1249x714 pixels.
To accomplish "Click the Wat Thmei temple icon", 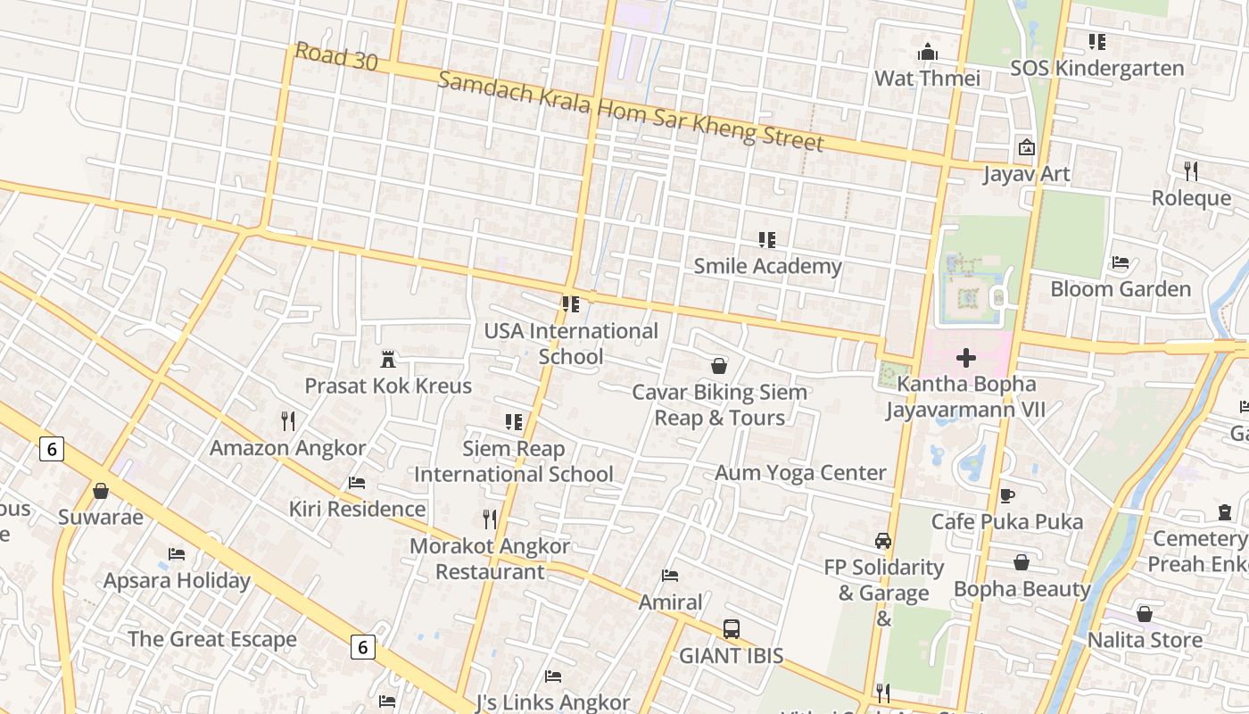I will tap(928, 52).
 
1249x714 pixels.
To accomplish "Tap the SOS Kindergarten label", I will tap(1096, 69).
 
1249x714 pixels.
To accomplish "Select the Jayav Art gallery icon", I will tap(1027, 147).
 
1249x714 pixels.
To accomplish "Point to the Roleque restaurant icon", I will tap(1191, 170).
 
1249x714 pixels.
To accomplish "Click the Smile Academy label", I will tap(767, 266).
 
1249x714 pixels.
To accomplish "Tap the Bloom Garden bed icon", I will tap(1121, 262).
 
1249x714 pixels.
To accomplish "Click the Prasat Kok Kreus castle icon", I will tap(388, 360).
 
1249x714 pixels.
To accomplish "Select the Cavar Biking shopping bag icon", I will tap(719, 366).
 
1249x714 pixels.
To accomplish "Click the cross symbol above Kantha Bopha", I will tap(965, 359).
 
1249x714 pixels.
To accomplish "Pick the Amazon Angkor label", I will tap(287, 448).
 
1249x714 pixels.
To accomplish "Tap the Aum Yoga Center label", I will tap(800, 473).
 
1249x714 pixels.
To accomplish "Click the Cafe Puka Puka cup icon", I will tap(1007, 495).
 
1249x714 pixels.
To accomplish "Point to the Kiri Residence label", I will tap(357, 510).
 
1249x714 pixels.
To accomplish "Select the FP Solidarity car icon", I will tap(883, 541).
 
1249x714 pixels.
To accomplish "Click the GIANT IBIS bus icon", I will tap(732, 629).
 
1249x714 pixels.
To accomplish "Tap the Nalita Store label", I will tap(1145, 640).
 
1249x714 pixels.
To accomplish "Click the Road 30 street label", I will tap(336, 57).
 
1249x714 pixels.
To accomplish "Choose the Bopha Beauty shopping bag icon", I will tap(1022, 562).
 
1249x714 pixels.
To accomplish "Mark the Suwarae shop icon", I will tap(101, 492).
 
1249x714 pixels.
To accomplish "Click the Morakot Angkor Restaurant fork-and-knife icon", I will tap(490, 519).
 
